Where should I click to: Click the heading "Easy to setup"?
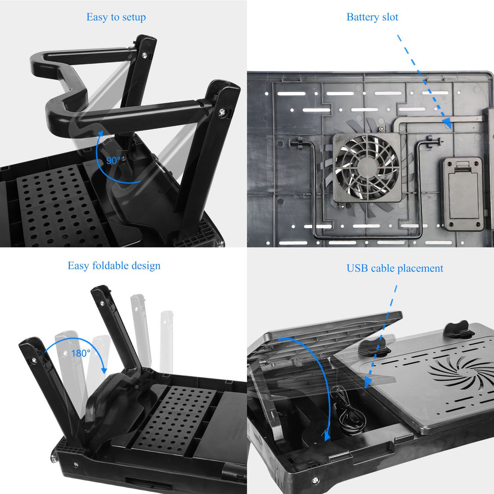116,17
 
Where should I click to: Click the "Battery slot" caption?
372,17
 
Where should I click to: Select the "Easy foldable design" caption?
114,266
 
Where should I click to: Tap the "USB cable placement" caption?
395,268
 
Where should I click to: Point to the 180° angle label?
81,353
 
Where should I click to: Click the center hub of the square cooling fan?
367,167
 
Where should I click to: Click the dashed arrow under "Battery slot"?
425,82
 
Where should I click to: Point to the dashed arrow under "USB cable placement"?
381,338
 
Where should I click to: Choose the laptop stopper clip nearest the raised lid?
374,346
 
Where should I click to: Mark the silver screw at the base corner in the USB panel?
315,480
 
